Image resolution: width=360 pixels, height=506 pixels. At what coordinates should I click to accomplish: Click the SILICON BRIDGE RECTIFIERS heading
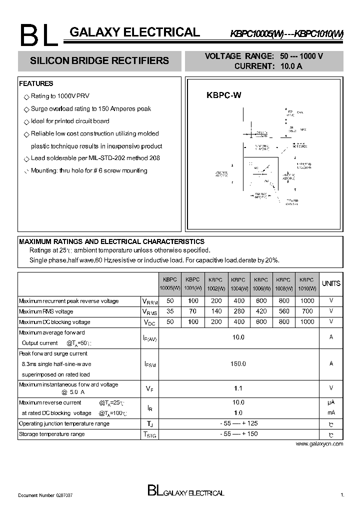pyautogui.click(x=99, y=61)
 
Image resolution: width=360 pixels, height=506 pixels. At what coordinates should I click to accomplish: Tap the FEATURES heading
pyautogui.click(x=36, y=83)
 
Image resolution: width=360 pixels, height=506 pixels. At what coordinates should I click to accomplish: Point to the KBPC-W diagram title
pyautogui.click(x=224, y=94)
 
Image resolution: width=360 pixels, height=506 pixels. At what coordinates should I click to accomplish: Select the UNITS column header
pyautogui.click(x=331, y=283)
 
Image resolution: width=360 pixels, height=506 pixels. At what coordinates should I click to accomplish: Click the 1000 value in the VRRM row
pyautogui.click(x=307, y=301)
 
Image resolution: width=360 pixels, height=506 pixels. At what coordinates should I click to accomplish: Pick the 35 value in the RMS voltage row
pyautogui.click(x=170, y=311)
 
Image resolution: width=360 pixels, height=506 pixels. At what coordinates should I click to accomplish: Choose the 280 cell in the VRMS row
pyautogui.click(x=238, y=311)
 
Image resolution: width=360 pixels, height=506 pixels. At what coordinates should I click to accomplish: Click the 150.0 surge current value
pyautogui.click(x=238, y=364)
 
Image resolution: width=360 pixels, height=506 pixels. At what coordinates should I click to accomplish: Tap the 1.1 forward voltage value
pyautogui.click(x=238, y=388)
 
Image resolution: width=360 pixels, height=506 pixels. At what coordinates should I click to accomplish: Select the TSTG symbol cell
pyautogui.click(x=149, y=435)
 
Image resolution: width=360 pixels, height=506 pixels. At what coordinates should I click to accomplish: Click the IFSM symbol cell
pyautogui.click(x=149, y=364)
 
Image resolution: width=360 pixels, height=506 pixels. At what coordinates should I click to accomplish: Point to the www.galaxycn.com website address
pyautogui.click(x=319, y=443)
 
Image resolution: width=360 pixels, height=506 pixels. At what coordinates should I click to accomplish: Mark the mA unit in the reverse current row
pyautogui.click(x=331, y=413)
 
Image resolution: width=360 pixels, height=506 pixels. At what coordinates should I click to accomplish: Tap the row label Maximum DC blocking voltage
pyautogui.click(x=54, y=322)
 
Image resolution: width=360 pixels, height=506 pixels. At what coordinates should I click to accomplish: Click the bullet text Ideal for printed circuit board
pyautogui.click(x=70, y=121)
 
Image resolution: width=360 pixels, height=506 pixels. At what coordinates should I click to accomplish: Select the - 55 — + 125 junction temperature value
pyautogui.click(x=238, y=423)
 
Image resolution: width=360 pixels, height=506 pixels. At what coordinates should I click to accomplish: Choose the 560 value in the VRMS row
pyautogui.click(x=284, y=311)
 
